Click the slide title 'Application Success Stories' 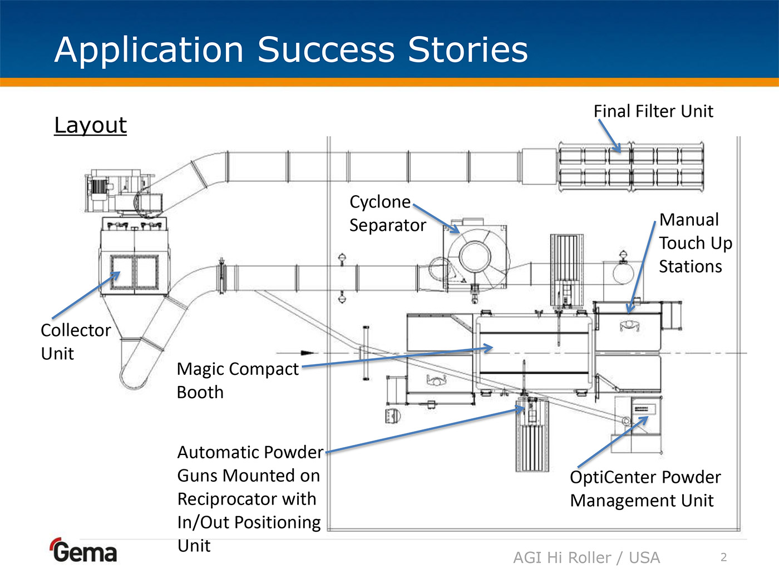point(291,50)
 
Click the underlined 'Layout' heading point(91,125)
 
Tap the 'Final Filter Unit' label point(653,111)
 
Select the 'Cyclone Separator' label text point(387,214)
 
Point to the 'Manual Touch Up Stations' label point(695,243)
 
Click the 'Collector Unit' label point(76,342)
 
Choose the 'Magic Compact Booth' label point(238,380)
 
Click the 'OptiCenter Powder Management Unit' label point(645,489)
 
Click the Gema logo point(84,551)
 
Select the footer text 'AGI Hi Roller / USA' point(586,557)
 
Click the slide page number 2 point(723,557)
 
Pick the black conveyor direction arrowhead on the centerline point(307,353)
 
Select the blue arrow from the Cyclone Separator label point(436,218)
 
